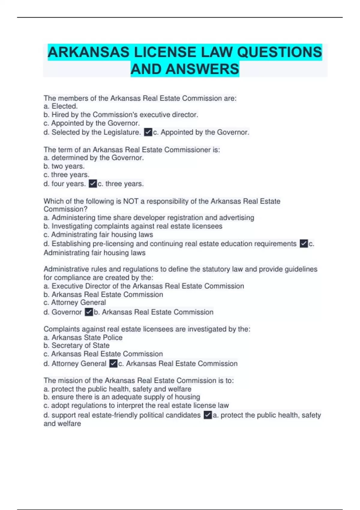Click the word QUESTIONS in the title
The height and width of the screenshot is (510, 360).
(279, 52)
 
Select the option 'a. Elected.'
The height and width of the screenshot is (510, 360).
(61, 106)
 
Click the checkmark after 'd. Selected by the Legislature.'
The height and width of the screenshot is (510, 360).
(148, 132)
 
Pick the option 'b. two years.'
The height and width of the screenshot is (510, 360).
(64, 166)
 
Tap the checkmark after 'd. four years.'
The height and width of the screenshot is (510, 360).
(93, 184)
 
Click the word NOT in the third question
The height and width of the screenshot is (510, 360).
(131, 201)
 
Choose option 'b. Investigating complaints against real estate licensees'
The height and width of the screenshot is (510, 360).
(133, 226)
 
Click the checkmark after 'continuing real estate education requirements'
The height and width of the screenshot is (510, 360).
(304, 244)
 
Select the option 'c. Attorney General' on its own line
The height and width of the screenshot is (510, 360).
(75, 302)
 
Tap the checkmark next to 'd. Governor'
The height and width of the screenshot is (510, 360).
(88, 312)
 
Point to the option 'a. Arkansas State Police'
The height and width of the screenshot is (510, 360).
(83, 337)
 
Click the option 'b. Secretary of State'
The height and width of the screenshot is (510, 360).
(76, 346)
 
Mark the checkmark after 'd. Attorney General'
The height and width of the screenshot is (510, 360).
(113, 364)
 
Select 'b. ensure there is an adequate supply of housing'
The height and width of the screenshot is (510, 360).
(122, 397)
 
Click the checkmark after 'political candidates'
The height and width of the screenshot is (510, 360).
(208, 415)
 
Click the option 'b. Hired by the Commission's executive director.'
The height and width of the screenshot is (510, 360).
(121, 115)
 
